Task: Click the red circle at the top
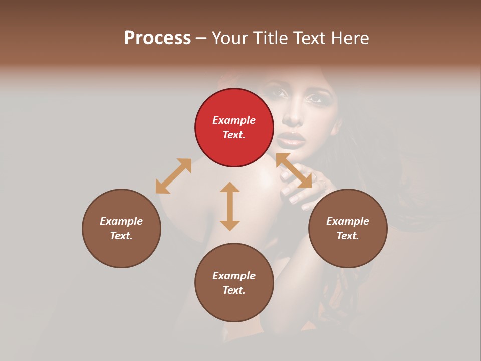(234, 128)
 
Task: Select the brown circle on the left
(121, 228)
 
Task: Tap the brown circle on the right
(348, 228)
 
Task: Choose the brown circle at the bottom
(234, 283)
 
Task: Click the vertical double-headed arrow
(230, 206)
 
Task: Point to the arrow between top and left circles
(173, 176)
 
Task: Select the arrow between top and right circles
(294, 171)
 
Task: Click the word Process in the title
(157, 38)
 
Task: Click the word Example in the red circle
(234, 120)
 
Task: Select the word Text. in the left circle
(121, 236)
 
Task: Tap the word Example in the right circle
(348, 221)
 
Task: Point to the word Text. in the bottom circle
(234, 290)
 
